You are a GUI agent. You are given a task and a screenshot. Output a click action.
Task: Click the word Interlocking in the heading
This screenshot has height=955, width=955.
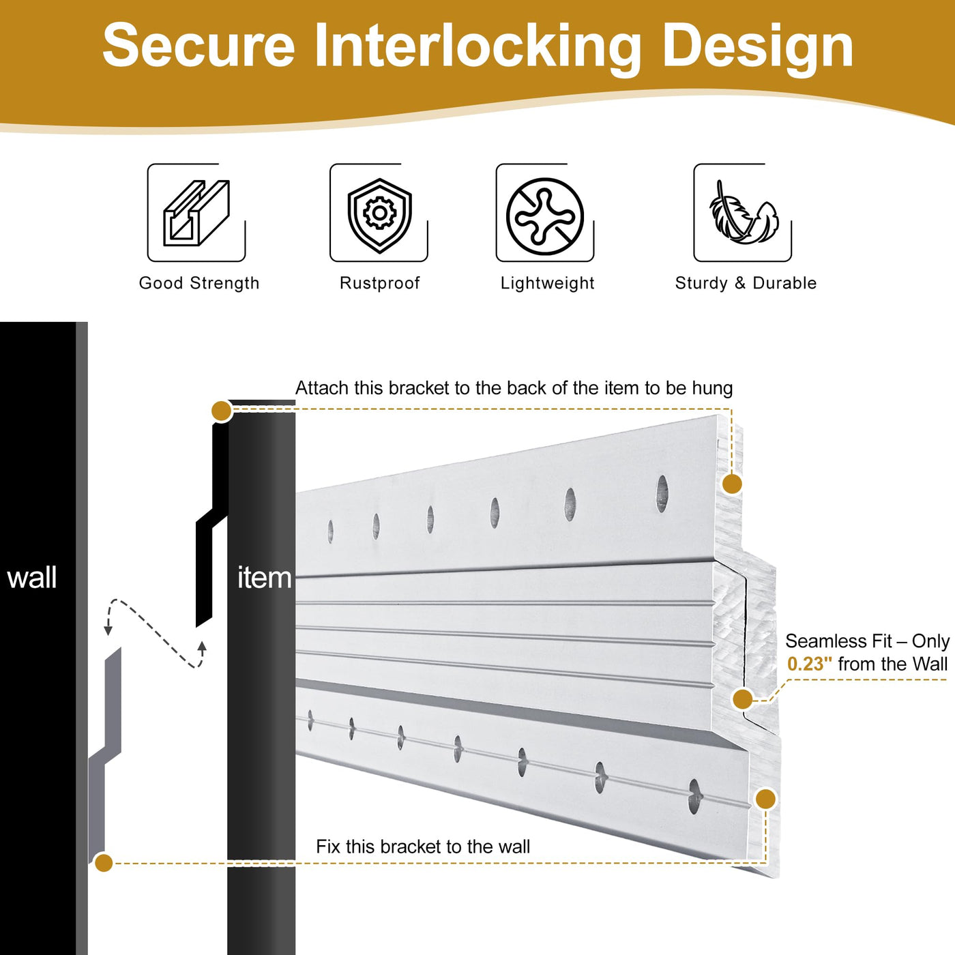(477, 46)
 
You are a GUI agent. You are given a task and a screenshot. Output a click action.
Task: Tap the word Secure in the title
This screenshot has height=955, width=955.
(199, 46)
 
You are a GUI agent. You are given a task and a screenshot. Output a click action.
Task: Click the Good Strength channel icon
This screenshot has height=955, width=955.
(196, 213)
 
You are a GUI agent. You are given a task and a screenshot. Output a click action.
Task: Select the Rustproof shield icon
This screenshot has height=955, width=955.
(379, 214)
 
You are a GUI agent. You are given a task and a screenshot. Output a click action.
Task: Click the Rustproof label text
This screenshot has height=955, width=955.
(379, 283)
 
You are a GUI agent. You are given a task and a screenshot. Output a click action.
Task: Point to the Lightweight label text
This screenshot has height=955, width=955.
(547, 283)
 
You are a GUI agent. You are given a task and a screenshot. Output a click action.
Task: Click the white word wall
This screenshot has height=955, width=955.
(32, 578)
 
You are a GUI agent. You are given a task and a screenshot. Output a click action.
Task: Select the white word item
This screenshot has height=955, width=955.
(264, 578)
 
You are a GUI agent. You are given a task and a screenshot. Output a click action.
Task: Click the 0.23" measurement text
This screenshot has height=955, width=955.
(809, 664)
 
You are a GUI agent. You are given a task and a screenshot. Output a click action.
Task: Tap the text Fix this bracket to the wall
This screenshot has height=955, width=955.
(423, 847)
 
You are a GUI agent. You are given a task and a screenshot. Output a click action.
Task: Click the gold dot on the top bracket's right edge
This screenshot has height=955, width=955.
(732, 484)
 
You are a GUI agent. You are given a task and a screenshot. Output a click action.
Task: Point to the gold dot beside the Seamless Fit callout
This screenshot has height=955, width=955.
(742, 699)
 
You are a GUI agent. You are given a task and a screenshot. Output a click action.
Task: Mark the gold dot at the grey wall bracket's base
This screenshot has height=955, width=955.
(104, 863)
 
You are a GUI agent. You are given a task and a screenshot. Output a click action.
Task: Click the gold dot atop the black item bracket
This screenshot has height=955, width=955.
(222, 411)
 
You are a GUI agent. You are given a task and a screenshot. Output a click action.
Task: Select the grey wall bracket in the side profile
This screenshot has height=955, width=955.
(106, 750)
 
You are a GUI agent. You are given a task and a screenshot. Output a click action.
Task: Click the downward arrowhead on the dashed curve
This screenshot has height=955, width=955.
(108, 630)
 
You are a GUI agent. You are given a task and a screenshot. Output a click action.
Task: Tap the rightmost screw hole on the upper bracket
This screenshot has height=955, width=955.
(662, 493)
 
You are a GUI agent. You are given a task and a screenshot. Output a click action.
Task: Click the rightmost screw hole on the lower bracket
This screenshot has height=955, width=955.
(695, 796)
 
